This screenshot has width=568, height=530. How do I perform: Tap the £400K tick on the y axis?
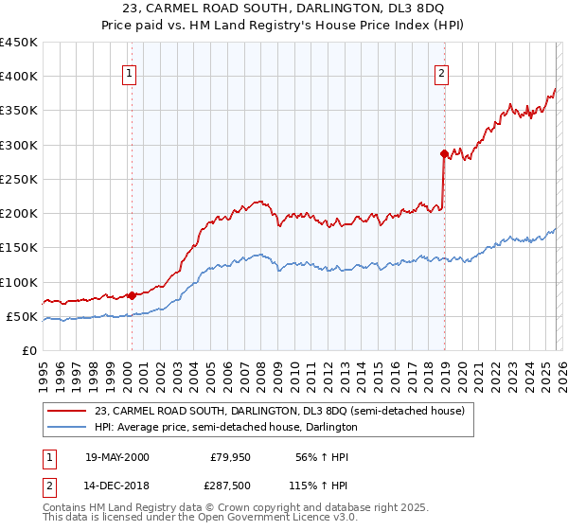19,77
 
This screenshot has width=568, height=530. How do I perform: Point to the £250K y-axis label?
19,179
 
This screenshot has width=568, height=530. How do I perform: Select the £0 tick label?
28,350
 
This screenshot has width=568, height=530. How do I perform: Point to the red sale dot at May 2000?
133,295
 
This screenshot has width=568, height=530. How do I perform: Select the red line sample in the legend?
68,412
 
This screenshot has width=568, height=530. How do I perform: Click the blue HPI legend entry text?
225,427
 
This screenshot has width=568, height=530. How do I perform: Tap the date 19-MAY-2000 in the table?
116,457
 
